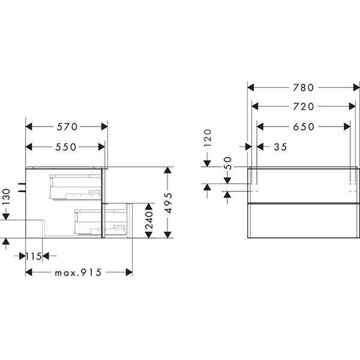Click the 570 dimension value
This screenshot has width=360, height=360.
[x=67, y=127]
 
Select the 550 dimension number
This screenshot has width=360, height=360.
[x=65, y=147]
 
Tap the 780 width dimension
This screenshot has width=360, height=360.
[x=303, y=88]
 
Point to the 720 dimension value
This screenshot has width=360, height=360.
[x=303, y=107]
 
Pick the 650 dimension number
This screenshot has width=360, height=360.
[x=304, y=127]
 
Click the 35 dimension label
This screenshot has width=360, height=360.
[x=281, y=147]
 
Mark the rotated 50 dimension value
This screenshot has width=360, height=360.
[x=227, y=163]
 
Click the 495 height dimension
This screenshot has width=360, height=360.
[x=169, y=203]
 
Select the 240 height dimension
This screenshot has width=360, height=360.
[x=149, y=220]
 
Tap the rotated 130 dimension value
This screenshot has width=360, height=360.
[x=7, y=197]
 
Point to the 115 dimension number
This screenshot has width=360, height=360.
[x=34, y=256]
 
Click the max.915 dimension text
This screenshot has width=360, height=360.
[x=78, y=273]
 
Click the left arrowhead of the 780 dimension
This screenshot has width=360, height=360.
[x=251, y=88]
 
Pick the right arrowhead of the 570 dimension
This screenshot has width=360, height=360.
[x=104, y=127]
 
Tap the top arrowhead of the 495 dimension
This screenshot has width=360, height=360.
[x=168, y=170]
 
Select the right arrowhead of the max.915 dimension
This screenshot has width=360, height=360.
[x=129, y=272]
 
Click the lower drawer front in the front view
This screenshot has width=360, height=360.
[x=303, y=221]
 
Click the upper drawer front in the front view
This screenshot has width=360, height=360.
[x=303, y=186]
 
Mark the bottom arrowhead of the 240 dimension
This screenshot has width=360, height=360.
[x=149, y=235]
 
